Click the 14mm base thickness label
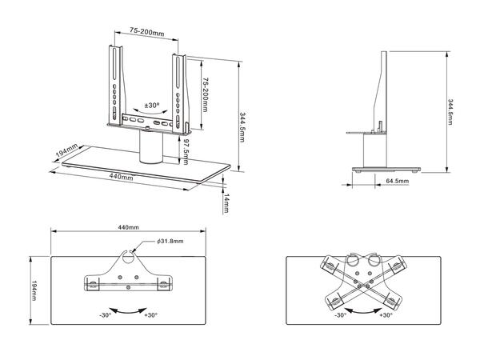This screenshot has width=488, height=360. click(x=226, y=202)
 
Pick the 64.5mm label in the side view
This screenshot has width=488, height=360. click(x=398, y=182)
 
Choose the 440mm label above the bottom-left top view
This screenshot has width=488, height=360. click(x=128, y=227)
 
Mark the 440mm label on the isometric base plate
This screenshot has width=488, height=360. click(x=121, y=178)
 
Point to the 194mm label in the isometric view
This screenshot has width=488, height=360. click(x=66, y=152)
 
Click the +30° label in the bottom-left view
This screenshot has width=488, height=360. click(x=150, y=316)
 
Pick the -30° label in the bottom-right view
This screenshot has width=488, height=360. click(x=339, y=316)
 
